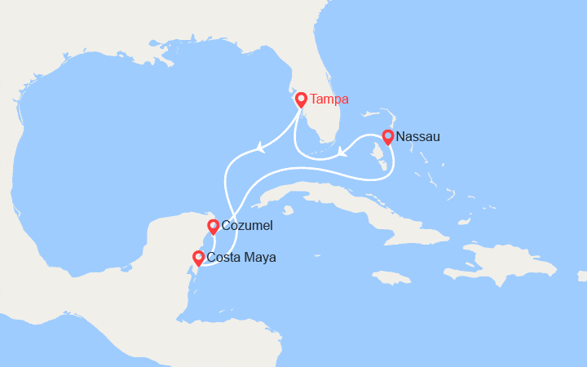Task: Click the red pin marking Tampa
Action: [x=301, y=99]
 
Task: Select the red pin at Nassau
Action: [x=388, y=137]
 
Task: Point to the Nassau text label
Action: [x=419, y=137]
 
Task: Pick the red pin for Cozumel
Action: [x=213, y=226]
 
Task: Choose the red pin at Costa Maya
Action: [x=197, y=258]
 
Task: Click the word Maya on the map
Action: [x=260, y=258]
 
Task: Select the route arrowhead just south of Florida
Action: [x=342, y=150]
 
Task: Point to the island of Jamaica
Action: [x=394, y=276]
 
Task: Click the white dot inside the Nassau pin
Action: [x=388, y=136]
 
